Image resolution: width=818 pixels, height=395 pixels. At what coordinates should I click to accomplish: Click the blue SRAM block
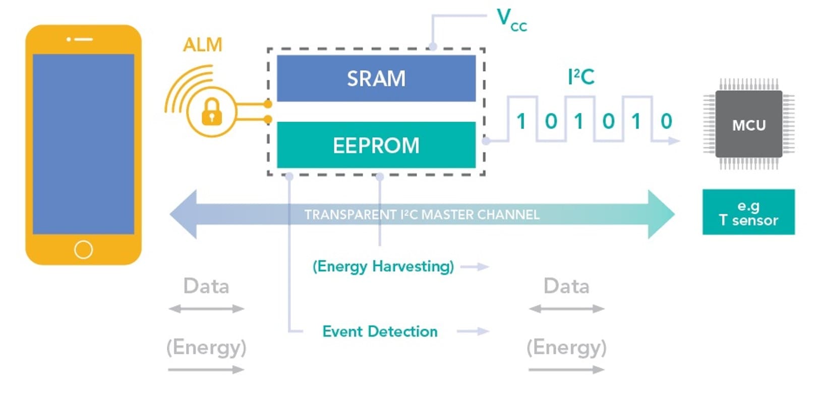click(376, 78)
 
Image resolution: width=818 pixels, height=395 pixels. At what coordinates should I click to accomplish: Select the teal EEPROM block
click(376, 145)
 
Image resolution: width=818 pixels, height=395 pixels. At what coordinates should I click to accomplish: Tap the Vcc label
click(511, 20)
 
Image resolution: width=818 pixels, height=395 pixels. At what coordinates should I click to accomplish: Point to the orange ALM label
click(202, 45)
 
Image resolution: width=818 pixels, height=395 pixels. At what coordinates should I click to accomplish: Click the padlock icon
click(212, 112)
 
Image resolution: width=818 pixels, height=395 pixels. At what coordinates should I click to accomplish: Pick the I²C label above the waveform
click(581, 77)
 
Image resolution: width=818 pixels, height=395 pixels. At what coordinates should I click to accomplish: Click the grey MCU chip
click(749, 125)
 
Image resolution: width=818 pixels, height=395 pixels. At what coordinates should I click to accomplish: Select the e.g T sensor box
click(748, 212)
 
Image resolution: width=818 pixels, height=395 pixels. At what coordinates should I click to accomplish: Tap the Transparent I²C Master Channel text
click(422, 215)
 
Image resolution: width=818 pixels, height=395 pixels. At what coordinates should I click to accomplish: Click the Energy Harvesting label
click(383, 266)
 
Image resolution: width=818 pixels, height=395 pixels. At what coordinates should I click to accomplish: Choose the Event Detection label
click(380, 331)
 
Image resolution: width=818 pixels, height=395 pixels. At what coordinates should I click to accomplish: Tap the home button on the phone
click(83, 249)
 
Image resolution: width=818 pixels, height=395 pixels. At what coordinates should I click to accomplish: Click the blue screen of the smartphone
click(83, 144)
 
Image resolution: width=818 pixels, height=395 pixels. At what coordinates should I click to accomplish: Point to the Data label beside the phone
click(206, 286)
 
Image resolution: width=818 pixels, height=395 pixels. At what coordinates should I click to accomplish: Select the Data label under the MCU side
click(566, 286)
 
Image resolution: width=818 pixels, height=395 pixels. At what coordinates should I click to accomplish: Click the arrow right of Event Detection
click(473, 331)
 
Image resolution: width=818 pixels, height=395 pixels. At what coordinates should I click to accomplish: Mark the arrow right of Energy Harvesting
click(475, 266)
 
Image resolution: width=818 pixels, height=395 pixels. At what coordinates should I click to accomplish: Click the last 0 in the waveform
click(666, 121)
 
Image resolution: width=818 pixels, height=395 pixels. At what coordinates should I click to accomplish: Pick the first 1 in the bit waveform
click(521, 121)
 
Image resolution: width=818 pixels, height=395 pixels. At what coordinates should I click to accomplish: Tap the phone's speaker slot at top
click(84, 39)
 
